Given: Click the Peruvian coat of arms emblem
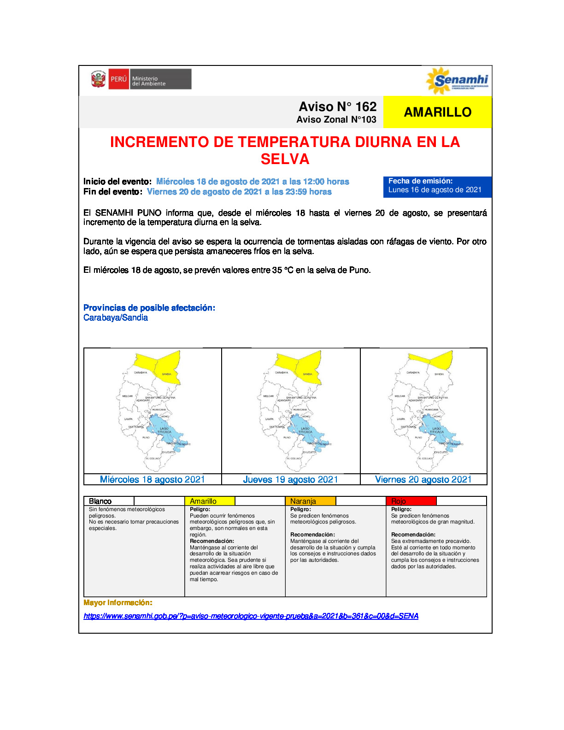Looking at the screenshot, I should (98, 79).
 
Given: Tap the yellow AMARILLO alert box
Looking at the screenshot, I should (437, 112).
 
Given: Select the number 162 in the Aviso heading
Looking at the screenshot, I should (366, 106).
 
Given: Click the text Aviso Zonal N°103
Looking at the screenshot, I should (336, 120).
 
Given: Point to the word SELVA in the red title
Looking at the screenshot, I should (285, 159).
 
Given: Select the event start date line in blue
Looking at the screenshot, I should (253, 182).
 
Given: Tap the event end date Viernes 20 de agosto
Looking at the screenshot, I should (239, 192).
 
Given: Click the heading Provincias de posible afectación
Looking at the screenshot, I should (149, 308).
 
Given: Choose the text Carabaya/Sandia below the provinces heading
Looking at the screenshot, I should (116, 318).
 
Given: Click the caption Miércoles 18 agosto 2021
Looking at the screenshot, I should (153, 479).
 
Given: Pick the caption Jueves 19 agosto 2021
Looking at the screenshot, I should (290, 479).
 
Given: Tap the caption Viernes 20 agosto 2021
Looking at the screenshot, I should (423, 479).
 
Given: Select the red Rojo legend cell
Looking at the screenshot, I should (411, 501).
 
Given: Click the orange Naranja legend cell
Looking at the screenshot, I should (310, 501).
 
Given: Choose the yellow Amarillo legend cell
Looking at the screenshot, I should (210, 501).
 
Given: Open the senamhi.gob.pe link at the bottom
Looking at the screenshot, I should (251, 616).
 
